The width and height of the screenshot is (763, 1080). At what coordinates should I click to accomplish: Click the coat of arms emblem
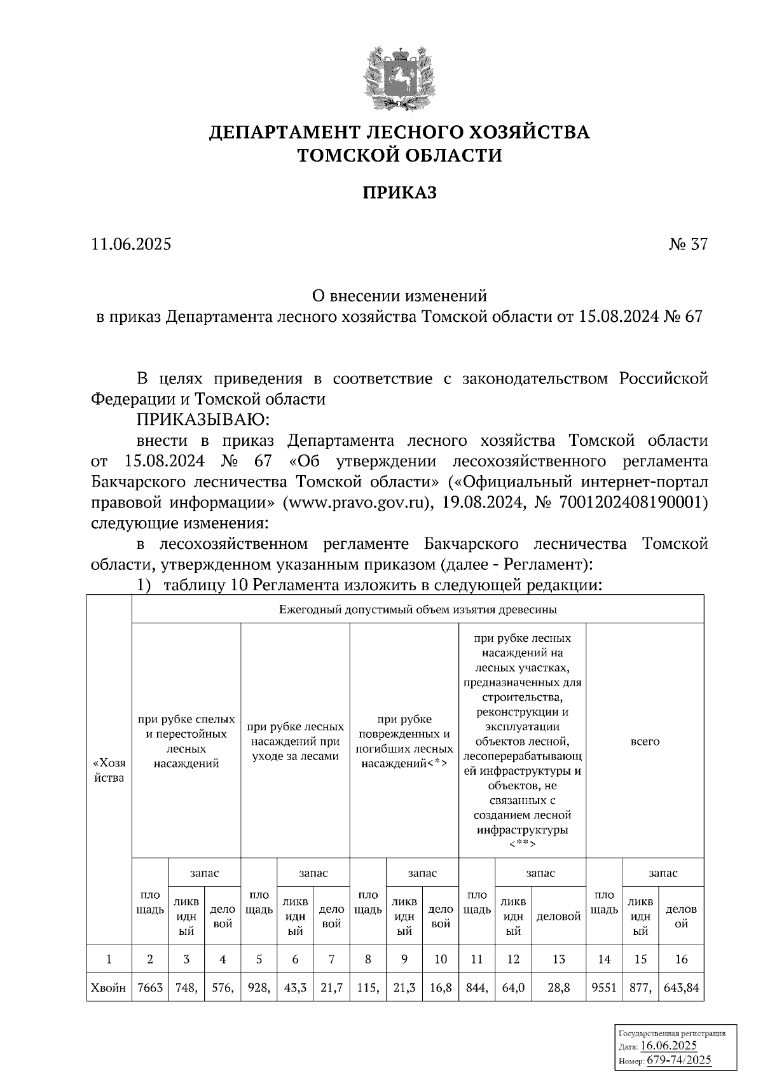click(x=399, y=78)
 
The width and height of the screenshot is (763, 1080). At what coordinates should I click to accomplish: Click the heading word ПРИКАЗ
click(x=400, y=192)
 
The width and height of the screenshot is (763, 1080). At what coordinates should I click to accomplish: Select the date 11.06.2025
click(x=131, y=244)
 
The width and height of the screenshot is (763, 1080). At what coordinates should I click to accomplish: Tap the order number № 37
click(x=687, y=244)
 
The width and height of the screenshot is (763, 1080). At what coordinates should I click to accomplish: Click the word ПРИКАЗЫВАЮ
click(x=203, y=420)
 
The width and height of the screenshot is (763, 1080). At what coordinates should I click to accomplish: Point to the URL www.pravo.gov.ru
click(x=353, y=502)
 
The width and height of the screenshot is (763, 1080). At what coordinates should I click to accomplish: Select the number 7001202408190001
click(x=630, y=502)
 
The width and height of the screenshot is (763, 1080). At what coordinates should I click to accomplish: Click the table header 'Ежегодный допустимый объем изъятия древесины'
click(x=418, y=609)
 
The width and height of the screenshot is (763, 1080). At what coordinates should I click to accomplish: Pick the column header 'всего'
click(x=645, y=742)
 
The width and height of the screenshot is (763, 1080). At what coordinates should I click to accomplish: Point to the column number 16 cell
click(x=681, y=959)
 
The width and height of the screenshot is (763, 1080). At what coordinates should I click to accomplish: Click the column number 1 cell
click(x=109, y=959)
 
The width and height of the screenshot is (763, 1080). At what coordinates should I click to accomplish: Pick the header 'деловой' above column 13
click(x=558, y=917)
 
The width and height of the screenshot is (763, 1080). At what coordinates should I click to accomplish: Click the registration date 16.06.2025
click(x=668, y=1046)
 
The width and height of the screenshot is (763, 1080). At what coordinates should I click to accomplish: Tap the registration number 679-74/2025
click(x=679, y=1060)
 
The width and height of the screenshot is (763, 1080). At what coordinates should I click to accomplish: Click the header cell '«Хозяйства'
click(x=109, y=770)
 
